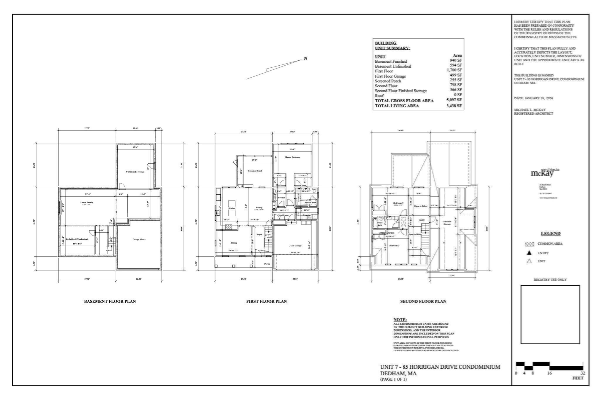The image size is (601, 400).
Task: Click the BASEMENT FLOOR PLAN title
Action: pyautogui.click(x=110, y=301)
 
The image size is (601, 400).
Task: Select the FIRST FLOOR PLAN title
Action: pyautogui.click(x=266, y=301)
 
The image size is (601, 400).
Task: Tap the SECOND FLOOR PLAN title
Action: pyautogui.click(x=423, y=301)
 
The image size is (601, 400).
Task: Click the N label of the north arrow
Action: pyautogui.click(x=305, y=58)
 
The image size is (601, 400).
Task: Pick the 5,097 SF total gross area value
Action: pyautogui.click(x=454, y=100)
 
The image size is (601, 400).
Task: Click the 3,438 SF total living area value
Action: pyautogui.click(x=454, y=105)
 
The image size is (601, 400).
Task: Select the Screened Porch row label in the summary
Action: pyautogui.click(x=388, y=81)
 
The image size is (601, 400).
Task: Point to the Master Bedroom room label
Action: pyautogui.click(x=292, y=157)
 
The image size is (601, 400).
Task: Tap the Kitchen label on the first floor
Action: pyautogui.click(x=232, y=208)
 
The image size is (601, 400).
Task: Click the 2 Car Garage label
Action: pyautogui.click(x=295, y=246)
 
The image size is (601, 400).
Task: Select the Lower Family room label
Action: pyautogui.click(x=87, y=202)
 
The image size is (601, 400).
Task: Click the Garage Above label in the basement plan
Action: pyautogui.click(x=139, y=239)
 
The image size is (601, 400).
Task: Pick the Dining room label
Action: pyautogui.click(x=234, y=243)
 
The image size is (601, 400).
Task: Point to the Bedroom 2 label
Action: pyautogui.click(x=394, y=246)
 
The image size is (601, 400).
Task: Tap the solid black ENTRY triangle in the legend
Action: pyautogui.click(x=529, y=253)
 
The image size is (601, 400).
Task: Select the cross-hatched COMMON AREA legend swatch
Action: pyautogui.click(x=529, y=244)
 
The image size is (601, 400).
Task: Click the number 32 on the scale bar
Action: pyautogui.click(x=583, y=373)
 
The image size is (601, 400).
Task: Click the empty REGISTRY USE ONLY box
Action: pyautogui.click(x=550, y=314)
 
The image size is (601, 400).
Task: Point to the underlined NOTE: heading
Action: pyautogui.click(x=400, y=319)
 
